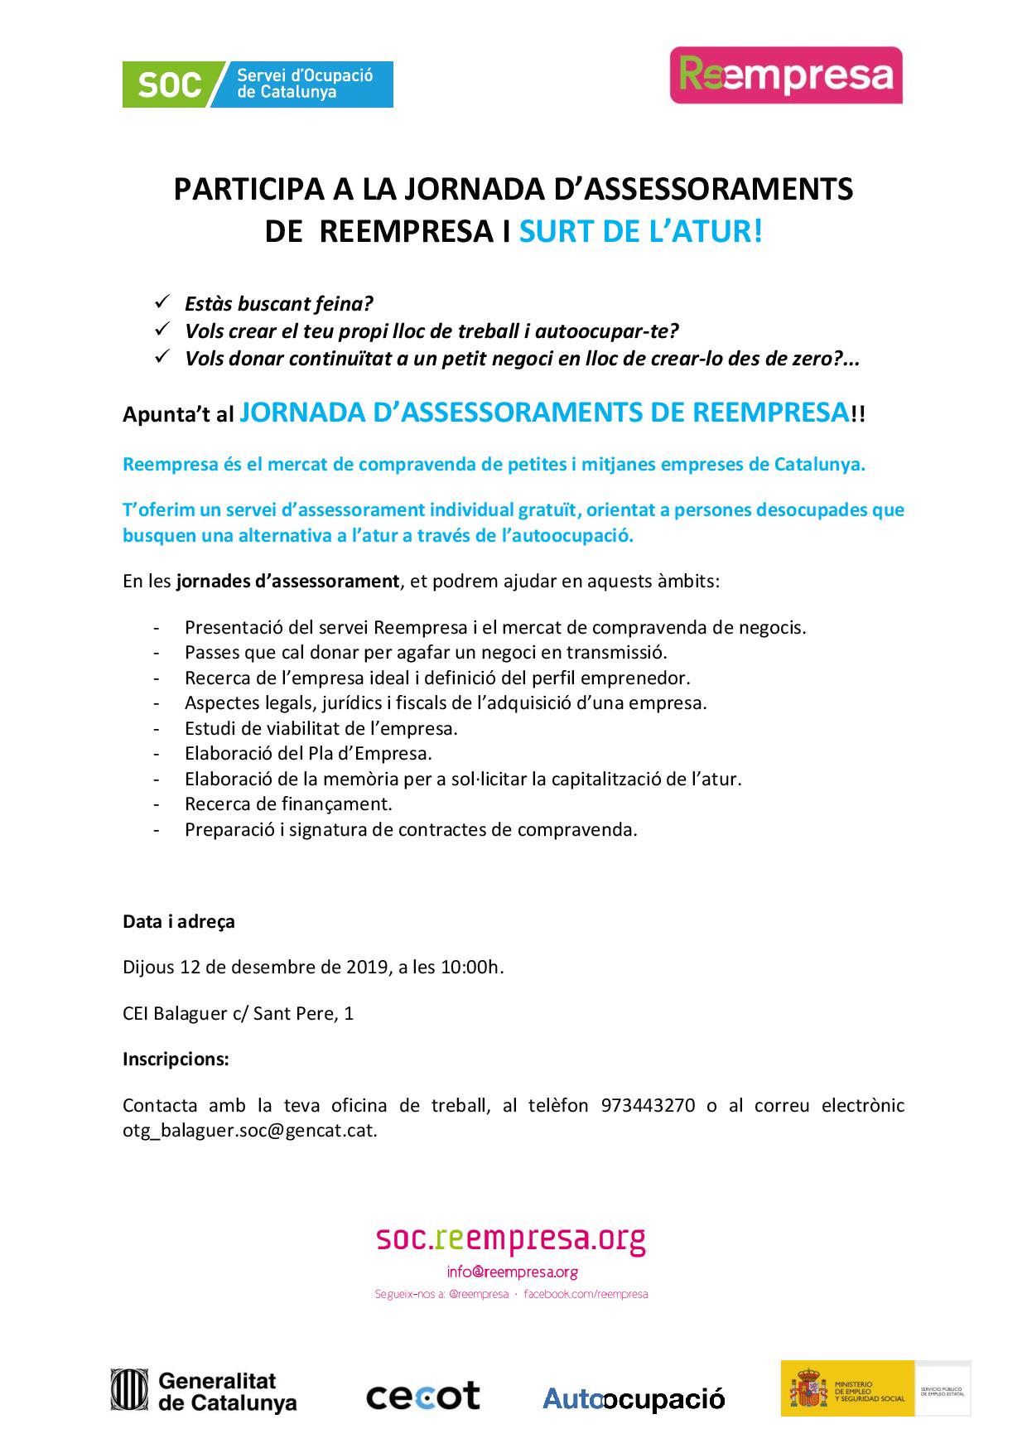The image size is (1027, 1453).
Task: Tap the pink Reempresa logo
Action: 785,75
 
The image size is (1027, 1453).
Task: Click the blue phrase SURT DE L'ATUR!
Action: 639,231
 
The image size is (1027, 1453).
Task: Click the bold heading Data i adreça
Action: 179,921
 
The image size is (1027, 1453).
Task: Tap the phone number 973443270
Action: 648,1105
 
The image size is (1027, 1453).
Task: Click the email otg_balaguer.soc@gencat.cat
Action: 249,1130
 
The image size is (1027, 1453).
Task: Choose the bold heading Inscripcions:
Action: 176,1059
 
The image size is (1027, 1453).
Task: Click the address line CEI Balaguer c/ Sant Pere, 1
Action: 238,1013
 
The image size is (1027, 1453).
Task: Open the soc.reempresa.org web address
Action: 510,1239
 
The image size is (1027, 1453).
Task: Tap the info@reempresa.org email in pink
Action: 512,1272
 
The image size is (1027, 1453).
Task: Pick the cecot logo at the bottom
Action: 422,1396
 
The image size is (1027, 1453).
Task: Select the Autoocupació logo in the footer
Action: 634,1399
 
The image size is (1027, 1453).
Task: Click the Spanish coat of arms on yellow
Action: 807,1390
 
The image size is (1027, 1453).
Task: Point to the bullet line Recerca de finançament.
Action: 288,804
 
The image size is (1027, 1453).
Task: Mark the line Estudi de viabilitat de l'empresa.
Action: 321,728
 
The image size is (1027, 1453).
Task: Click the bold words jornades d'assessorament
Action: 287,581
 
